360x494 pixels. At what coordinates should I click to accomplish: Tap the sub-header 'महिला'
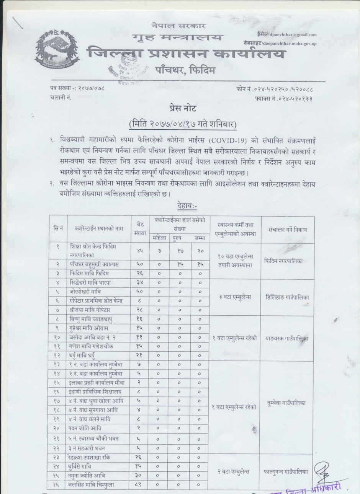click(159, 238)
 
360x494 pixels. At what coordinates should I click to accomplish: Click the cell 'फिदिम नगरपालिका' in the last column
click(284, 260)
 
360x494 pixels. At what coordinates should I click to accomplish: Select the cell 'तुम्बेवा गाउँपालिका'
click(287, 403)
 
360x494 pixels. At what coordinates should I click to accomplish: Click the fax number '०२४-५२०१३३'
click(296, 98)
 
